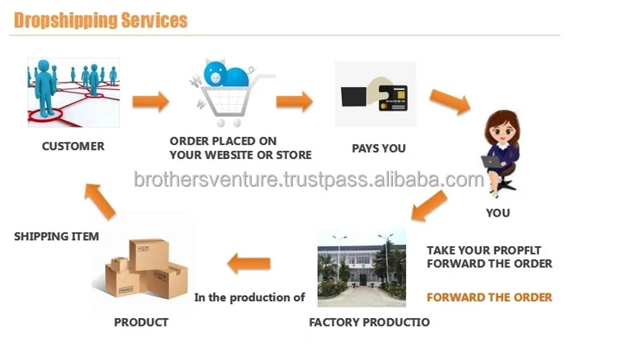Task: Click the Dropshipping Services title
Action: [101, 20]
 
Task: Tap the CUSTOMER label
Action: [73, 146]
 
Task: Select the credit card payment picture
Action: [375, 95]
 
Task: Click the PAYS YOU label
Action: [378, 148]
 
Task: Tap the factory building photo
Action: [361, 267]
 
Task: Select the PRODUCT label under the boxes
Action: [141, 322]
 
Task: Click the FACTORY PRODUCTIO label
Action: [368, 322]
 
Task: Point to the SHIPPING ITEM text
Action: [57, 236]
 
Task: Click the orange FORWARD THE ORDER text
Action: [489, 297]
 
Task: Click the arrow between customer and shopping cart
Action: [151, 102]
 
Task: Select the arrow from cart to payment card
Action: [294, 102]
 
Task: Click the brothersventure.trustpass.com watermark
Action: [308, 180]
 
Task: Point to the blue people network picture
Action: [73, 92]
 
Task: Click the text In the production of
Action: [249, 298]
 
